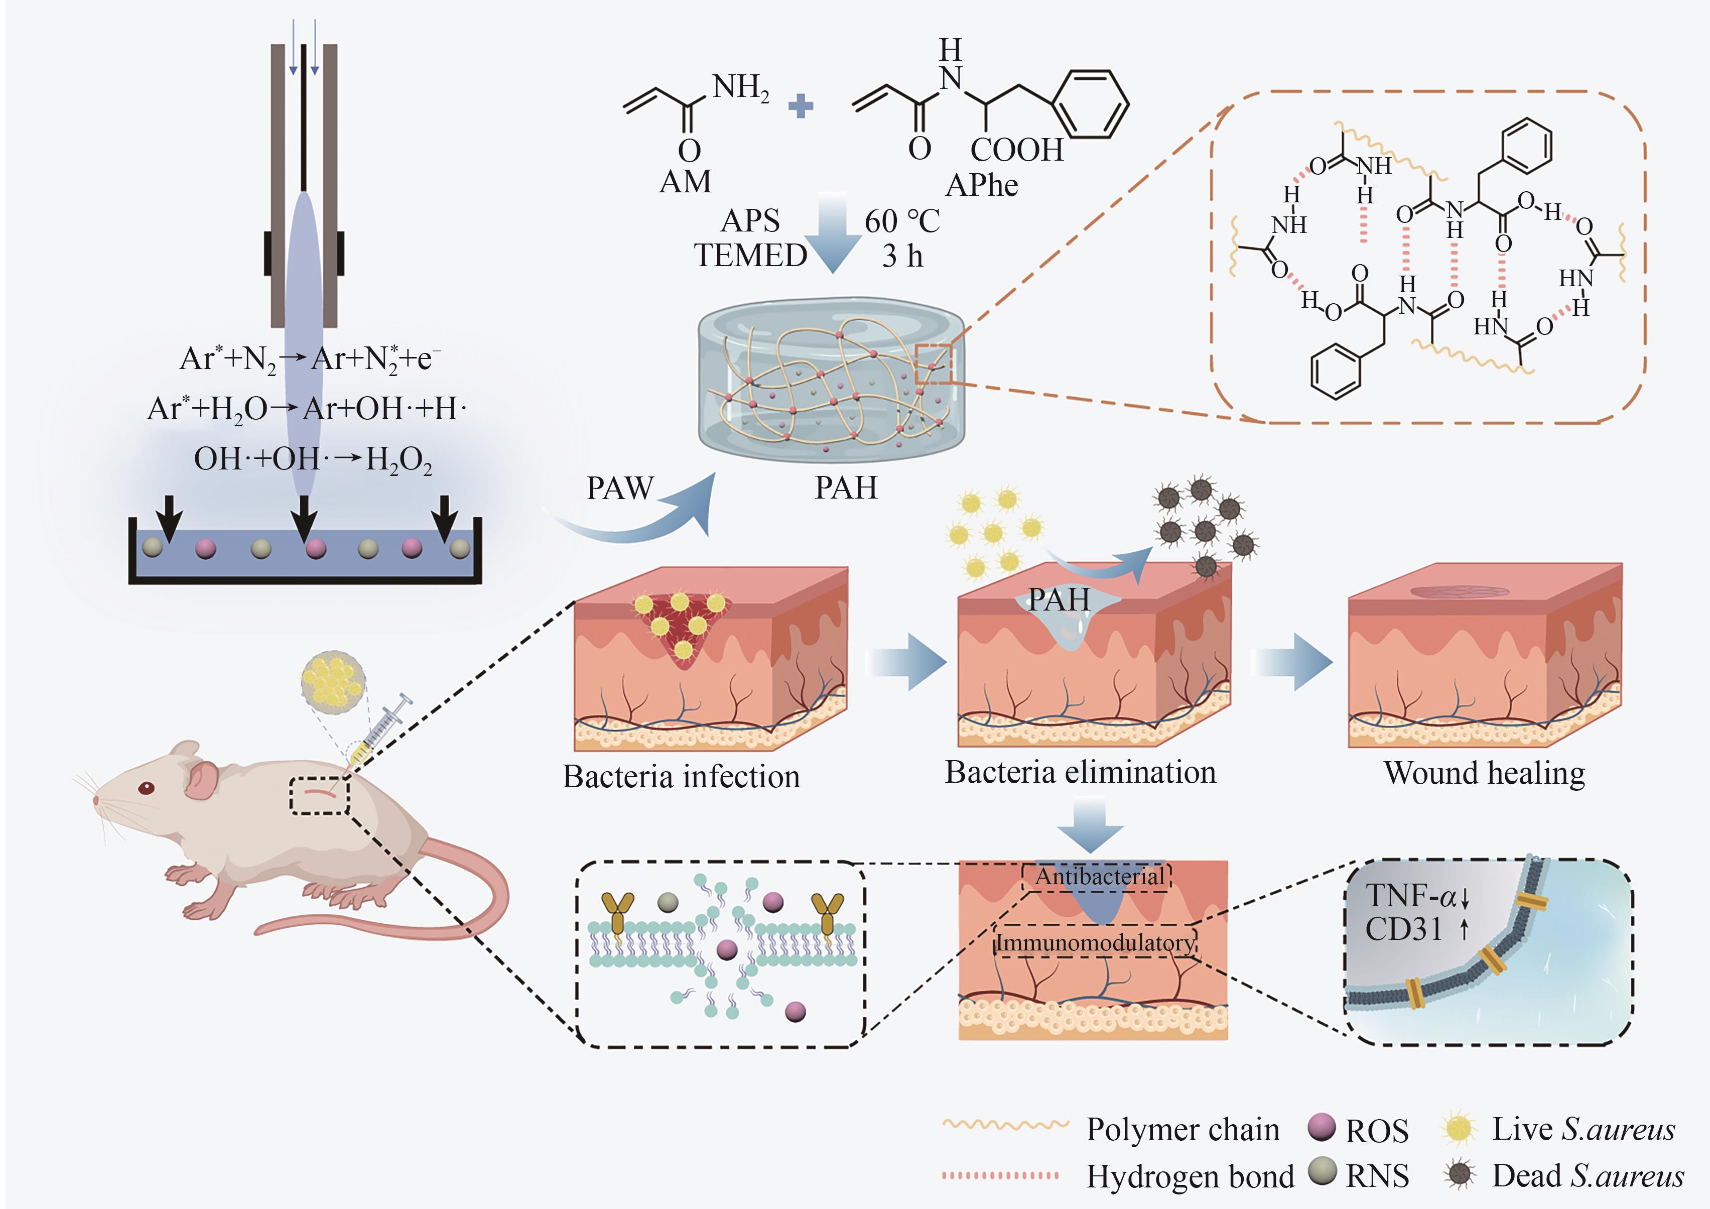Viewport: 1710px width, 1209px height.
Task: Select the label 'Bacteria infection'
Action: tap(681, 777)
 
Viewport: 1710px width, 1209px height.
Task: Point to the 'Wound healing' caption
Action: tap(1484, 773)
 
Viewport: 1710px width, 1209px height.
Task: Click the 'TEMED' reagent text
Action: tap(750, 256)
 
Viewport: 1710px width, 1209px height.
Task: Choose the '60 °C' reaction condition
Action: tap(902, 221)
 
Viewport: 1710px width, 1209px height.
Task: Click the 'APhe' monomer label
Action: tap(982, 185)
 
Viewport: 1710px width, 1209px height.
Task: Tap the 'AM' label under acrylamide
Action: tap(685, 182)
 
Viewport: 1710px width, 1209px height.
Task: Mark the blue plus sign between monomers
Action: tap(801, 106)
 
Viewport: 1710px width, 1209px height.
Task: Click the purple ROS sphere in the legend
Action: tap(1321, 1126)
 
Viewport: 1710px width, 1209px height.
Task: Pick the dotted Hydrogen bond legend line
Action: tap(999, 1175)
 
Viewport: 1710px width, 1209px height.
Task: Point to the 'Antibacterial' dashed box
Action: tap(1098, 877)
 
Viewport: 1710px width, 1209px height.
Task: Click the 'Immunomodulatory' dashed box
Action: tap(1095, 943)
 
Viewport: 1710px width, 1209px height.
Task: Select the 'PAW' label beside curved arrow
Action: tap(620, 489)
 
